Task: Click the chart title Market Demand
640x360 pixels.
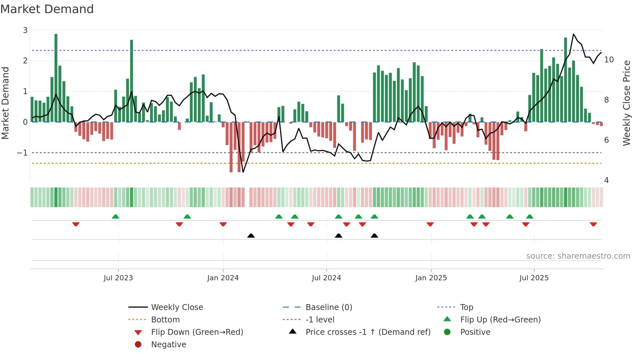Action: tap(47, 9)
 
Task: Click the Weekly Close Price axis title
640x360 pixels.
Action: tap(626, 103)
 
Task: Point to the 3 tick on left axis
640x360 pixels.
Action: tap(25, 30)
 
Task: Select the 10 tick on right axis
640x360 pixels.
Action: tap(609, 60)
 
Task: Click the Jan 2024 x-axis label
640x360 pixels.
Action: tap(223, 278)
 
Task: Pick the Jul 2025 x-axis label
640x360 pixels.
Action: tap(534, 278)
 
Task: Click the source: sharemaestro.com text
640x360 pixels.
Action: tap(578, 256)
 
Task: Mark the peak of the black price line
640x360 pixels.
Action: tap(574, 34)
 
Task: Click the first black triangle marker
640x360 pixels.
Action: tap(251, 236)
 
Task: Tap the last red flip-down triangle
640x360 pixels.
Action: tap(593, 224)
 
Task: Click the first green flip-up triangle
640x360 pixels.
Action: tap(116, 217)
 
